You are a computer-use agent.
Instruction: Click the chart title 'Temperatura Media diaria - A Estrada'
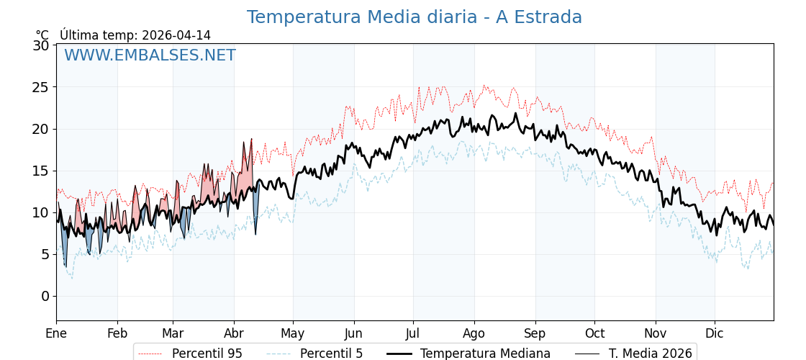coord(414,17)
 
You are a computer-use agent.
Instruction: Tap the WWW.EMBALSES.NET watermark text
coord(150,55)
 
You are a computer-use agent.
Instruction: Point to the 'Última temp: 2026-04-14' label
coord(135,35)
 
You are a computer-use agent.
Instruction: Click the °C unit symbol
coord(42,35)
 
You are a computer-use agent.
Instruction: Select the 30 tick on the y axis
coord(41,45)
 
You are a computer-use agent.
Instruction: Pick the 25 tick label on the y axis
coord(41,87)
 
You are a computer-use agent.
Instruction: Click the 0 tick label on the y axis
coord(45,296)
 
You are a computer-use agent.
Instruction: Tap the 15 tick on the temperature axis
coord(41,171)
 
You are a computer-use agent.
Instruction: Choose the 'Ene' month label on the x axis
coord(56,333)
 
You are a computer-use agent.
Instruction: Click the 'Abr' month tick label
coord(234,333)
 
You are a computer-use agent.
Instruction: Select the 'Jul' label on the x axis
coord(413,333)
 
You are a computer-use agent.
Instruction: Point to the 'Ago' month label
coord(474,333)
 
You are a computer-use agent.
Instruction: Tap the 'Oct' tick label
coord(594,333)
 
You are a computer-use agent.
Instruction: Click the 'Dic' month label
coord(715,333)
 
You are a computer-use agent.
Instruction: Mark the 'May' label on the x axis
coord(293,333)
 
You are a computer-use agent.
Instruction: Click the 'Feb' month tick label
coord(117,333)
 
